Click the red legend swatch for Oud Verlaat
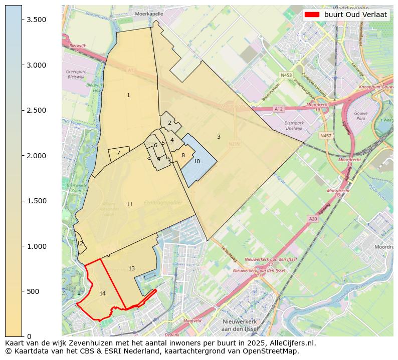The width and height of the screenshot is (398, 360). click(x=312, y=15)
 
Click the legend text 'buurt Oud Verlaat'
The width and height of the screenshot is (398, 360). click(x=355, y=15)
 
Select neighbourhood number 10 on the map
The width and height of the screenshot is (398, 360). click(x=196, y=161)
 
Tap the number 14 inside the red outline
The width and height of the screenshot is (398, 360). click(x=102, y=293)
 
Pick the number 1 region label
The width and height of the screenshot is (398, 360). click(x=128, y=95)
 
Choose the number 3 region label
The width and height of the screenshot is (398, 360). click(x=219, y=137)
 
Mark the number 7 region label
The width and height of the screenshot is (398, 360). click(x=118, y=153)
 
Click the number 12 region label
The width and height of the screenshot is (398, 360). click(x=80, y=243)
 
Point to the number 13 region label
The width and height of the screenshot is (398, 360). click(x=131, y=269)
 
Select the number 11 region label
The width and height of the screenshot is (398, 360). click(x=129, y=204)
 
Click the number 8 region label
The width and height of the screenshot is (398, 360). click(x=183, y=155)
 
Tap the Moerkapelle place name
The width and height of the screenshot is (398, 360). click(x=149, y=14)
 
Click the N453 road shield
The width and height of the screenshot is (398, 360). click(x=286, y=75)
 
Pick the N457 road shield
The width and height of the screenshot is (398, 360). click(x=325, y=136)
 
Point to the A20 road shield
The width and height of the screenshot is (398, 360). click(x=313, y=219)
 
